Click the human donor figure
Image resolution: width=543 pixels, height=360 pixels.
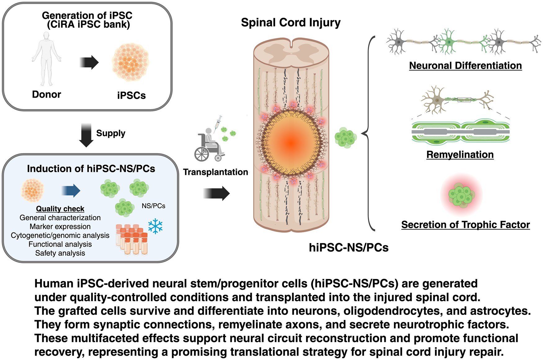47,59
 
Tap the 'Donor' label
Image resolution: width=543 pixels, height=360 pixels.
47,94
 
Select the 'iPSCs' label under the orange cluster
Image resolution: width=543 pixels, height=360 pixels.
131,95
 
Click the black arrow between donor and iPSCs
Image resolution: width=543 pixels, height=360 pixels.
89,62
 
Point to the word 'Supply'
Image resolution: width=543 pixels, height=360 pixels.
111,133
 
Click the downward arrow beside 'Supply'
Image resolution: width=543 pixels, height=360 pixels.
86,135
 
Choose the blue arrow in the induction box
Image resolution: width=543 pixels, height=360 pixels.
71,190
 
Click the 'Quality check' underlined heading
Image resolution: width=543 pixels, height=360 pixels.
60,209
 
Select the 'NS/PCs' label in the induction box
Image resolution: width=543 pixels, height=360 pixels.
154,206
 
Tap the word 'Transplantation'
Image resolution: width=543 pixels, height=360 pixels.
216,172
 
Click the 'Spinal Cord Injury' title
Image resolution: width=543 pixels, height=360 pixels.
291,23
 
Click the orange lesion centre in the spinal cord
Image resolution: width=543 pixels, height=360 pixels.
291,143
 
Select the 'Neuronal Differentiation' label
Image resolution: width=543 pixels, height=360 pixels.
465,65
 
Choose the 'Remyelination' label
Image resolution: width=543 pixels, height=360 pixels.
460,154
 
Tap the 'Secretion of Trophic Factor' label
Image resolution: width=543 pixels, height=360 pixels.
465,224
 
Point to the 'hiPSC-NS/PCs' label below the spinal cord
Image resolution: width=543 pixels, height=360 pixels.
349,247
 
